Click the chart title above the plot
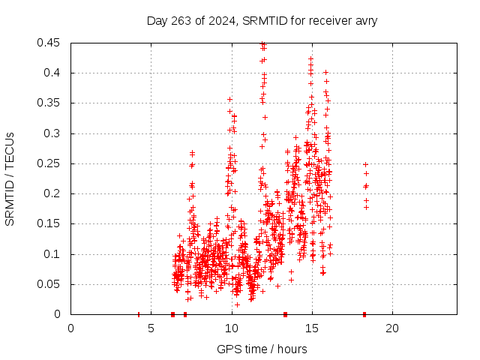coord(262,20)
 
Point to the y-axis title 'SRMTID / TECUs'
coord(10,178)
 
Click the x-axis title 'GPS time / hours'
coord(262,349)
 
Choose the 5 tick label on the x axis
coord(151,328)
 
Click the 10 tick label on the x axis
coord(231,328)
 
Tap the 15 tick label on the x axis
coord(311,328)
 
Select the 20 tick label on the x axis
coord(391,328)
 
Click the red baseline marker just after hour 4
coord(139,314)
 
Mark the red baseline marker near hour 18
coord(364,314)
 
